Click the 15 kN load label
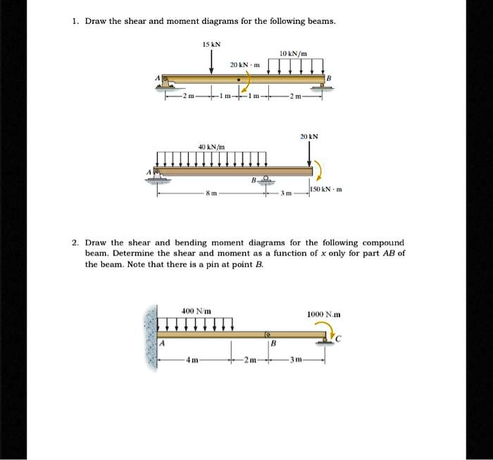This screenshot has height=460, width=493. pyautogui.click(x=211, y=44)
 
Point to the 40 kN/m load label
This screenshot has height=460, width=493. pyautogui.click(x=211, y=145)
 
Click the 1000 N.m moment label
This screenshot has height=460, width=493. pyautogui.click(x=324, y=314)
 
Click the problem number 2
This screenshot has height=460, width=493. pyautogui.click(x=74, y=242)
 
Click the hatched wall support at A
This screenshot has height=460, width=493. pyautogui.click(x=150, y=340)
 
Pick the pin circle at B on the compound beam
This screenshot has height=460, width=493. pyautogui.click(x=268, y=334)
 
